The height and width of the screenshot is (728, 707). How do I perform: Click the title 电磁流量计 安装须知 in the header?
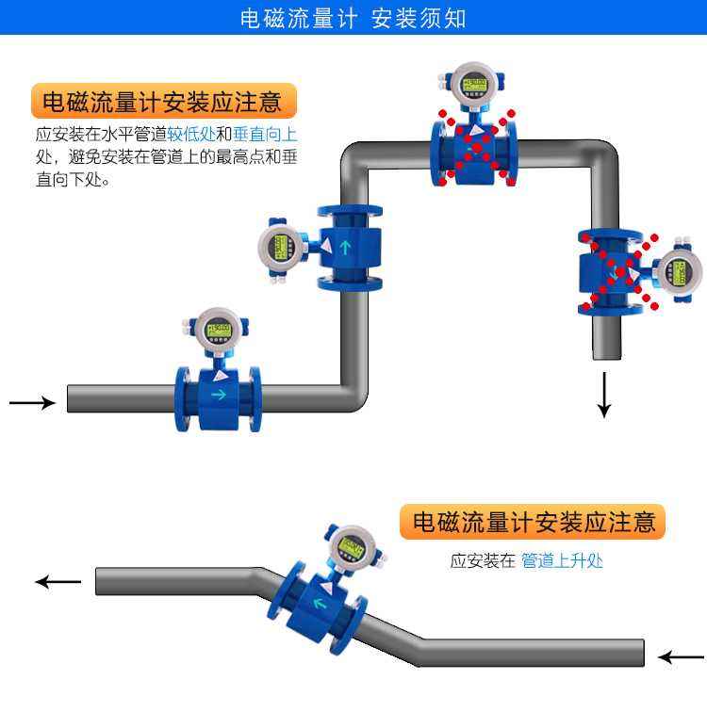coord(353,18)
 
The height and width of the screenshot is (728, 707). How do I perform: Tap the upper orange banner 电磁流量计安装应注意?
coord(162,101)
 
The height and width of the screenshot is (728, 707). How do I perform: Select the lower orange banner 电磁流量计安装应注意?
coord(533,521)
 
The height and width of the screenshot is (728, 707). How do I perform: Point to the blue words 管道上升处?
coord(562,561)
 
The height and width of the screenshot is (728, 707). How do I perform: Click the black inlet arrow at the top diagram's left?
coord(32,403)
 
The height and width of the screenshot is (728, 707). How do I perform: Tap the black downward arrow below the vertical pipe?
coord(604,396)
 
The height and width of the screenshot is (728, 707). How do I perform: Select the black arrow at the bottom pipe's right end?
coord(681,656)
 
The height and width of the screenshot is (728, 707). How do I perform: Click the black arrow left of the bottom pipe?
coord(58,581)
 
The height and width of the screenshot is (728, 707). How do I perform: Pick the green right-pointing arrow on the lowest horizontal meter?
coord(219,395)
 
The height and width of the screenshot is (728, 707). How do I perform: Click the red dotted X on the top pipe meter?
coord(476,146)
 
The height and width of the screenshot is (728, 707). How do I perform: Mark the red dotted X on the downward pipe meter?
coord(618,272)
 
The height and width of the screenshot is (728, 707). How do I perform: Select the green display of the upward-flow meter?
coord(280,248)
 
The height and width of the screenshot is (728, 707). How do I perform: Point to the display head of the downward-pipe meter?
coord(679,272)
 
